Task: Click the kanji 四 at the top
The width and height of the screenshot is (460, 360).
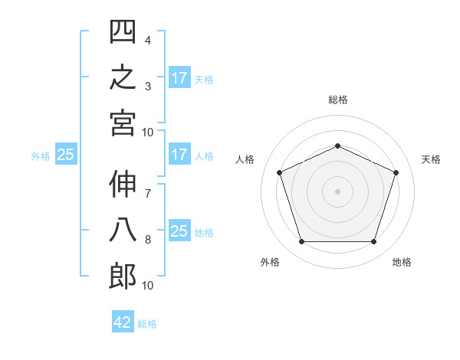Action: [x=123, y=31]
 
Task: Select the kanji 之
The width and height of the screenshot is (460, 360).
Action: [x=123, y=77]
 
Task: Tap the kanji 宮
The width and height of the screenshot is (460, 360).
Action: [x=123, y=123]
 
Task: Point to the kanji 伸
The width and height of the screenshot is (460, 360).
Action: [x=123, y=185]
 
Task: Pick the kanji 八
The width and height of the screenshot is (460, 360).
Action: [x=123, y=231]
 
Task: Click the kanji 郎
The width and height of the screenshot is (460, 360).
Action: [x=123, y=277]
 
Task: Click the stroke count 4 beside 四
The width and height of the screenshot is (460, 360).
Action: [x=148, y=41]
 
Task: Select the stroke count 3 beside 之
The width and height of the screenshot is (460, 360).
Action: [x=148, y=87]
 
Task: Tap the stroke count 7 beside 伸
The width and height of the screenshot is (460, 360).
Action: [x=148, y=194]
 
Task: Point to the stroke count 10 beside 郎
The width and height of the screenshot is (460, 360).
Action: [x=147, y=286]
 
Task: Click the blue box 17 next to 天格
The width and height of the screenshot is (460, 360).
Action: [x=179, y=77]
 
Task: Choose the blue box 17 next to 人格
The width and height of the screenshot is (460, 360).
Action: [x=179, y=154]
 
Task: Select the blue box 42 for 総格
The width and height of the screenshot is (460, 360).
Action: [x=123, y=321]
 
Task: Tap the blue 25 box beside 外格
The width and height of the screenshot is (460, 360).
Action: [x=66, y=154]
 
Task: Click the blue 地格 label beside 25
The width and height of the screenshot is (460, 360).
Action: [x=204, y=233]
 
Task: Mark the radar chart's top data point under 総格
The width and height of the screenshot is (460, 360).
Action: [x=337, y=146]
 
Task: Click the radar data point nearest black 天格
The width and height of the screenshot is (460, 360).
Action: [x=396, y=172]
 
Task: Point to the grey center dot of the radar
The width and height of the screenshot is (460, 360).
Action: [x=337, y=191]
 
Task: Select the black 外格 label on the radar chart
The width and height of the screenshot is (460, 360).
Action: [x=270, y=262]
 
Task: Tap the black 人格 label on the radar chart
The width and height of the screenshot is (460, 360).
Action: [x=245, y=159]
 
